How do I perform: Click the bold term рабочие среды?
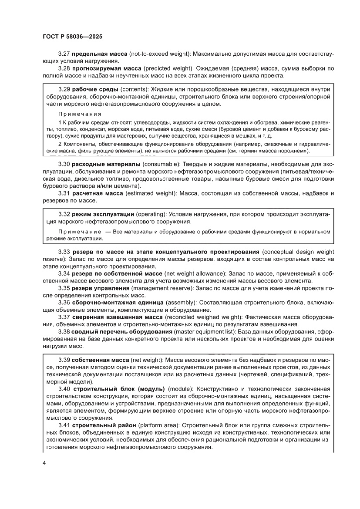pyautogui.click(x=92, y=89)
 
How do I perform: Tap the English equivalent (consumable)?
pyautogui.click(x=161, y=164)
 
